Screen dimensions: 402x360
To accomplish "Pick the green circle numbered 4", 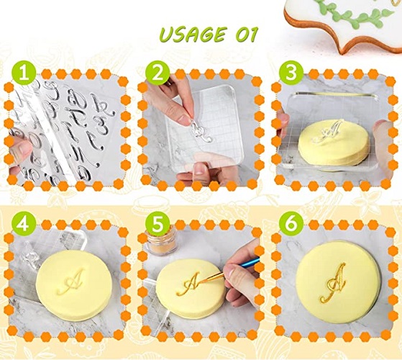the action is pos(24,224).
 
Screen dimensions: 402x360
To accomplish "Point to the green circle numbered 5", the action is pos(157,224).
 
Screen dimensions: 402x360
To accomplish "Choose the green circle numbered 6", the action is pos(291,224).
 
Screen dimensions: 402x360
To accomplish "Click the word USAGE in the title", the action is pos(193,35).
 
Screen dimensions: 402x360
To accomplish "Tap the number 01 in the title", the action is pos(246,35).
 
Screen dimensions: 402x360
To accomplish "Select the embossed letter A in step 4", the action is pos(70,282).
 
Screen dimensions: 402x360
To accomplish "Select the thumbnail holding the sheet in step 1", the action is pos(21,151).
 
